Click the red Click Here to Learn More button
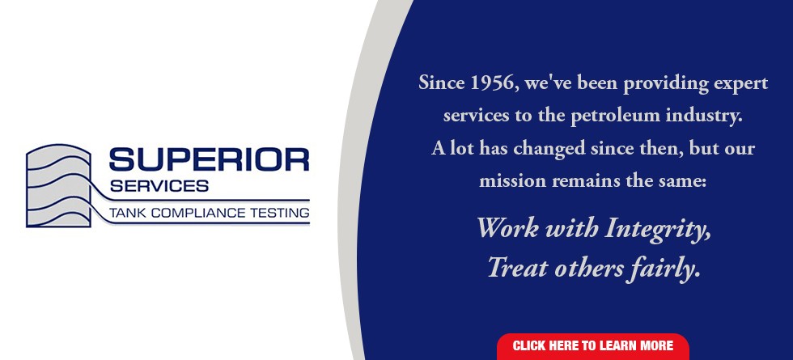pos(592,345)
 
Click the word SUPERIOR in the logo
pos(209,159)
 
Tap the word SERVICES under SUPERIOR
pos(159,185)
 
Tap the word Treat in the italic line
pos(516,268)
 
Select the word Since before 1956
pos(441,83)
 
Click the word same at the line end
pos(686,181)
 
